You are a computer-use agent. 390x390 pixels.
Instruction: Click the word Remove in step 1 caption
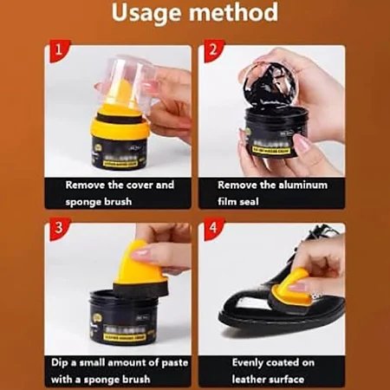click(88, 185)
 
